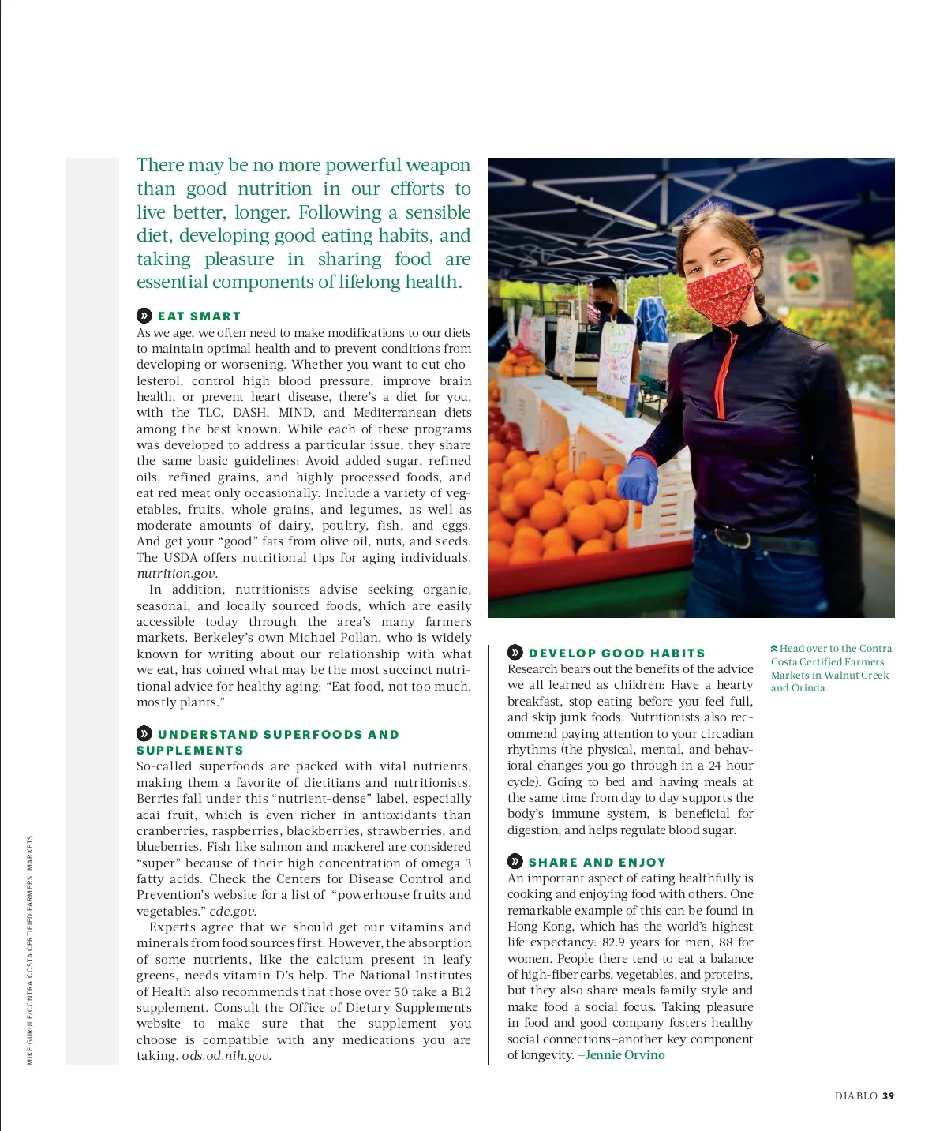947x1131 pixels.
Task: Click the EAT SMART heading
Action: pos(199,316)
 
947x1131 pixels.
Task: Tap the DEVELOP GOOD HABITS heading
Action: pos(616,654)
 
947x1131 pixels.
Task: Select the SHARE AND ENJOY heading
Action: pos(597,863)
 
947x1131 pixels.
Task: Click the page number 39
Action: pos(889,1096)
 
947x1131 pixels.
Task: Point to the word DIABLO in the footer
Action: pos(856,1096)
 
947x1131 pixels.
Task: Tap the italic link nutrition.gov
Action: pos(176,574)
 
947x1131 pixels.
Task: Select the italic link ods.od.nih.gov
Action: pos(226,1056)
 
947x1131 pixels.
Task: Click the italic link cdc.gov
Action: pos(232,912)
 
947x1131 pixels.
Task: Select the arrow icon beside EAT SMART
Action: pos(144,316)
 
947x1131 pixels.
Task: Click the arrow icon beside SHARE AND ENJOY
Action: pos(515,862)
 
